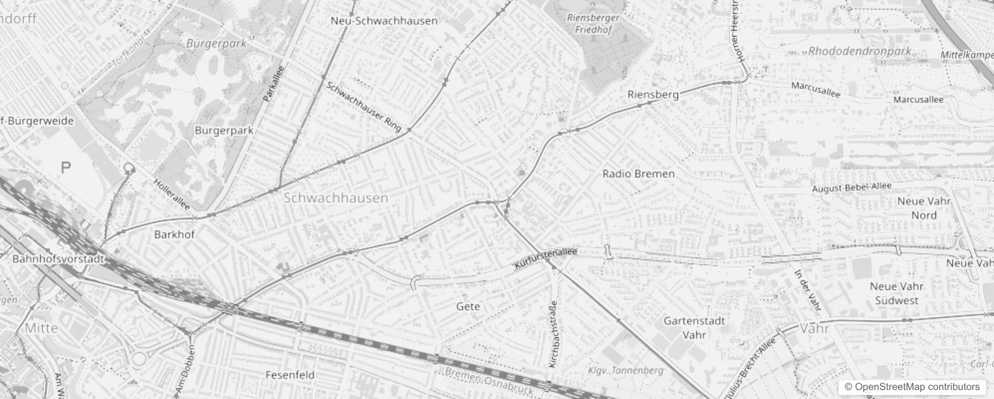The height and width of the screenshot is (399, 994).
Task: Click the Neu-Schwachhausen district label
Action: (384, 21)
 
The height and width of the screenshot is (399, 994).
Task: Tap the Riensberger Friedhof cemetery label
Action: (593, 23)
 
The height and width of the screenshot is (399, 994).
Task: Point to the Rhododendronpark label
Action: (860, 51)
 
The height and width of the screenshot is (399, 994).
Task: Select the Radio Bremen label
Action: (638, 174)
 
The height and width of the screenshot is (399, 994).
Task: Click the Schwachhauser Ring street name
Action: (364, 106)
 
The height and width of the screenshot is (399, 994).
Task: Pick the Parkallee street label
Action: (273, 84)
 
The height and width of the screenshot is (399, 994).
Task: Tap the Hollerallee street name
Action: (172, 195)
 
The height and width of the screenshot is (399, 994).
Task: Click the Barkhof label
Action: (174, 234)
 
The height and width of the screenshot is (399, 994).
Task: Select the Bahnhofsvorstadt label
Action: (58, 259)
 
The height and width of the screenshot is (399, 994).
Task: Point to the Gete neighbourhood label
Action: (468, 306)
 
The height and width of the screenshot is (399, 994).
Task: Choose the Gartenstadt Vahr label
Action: (694, 328)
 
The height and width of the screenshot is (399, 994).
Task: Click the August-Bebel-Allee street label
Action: (852, 188)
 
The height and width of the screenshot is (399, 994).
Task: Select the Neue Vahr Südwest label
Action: (896, 293)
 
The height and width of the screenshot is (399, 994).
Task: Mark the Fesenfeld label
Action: (290, 375)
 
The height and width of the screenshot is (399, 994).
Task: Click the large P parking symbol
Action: (65, 168)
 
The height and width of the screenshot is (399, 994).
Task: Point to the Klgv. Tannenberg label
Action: (625, 371)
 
